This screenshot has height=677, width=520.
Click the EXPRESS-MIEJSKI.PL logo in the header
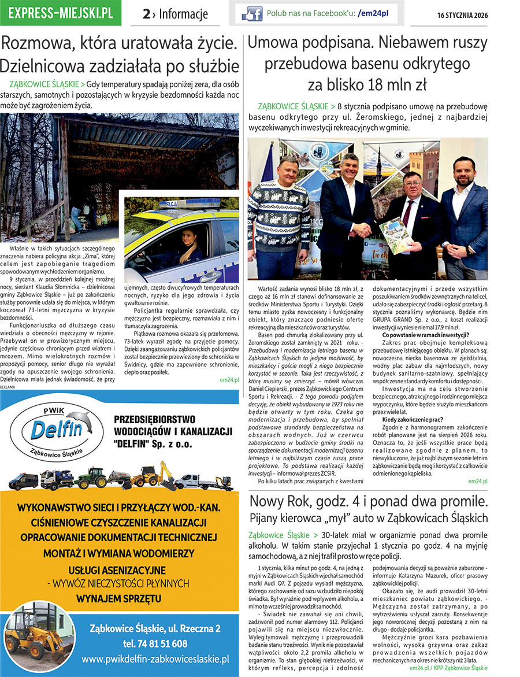tap(61, 13)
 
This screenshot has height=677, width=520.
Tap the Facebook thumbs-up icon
tap(251, 13)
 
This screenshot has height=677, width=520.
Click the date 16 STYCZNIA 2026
tap(462, 15)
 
